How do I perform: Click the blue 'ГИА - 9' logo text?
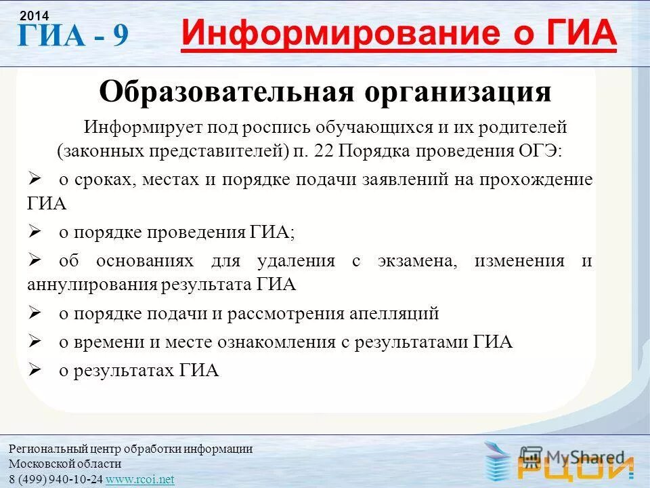tap(72, 35)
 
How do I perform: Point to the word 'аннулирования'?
tap(92, 284)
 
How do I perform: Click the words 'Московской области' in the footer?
tap(65, 464)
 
